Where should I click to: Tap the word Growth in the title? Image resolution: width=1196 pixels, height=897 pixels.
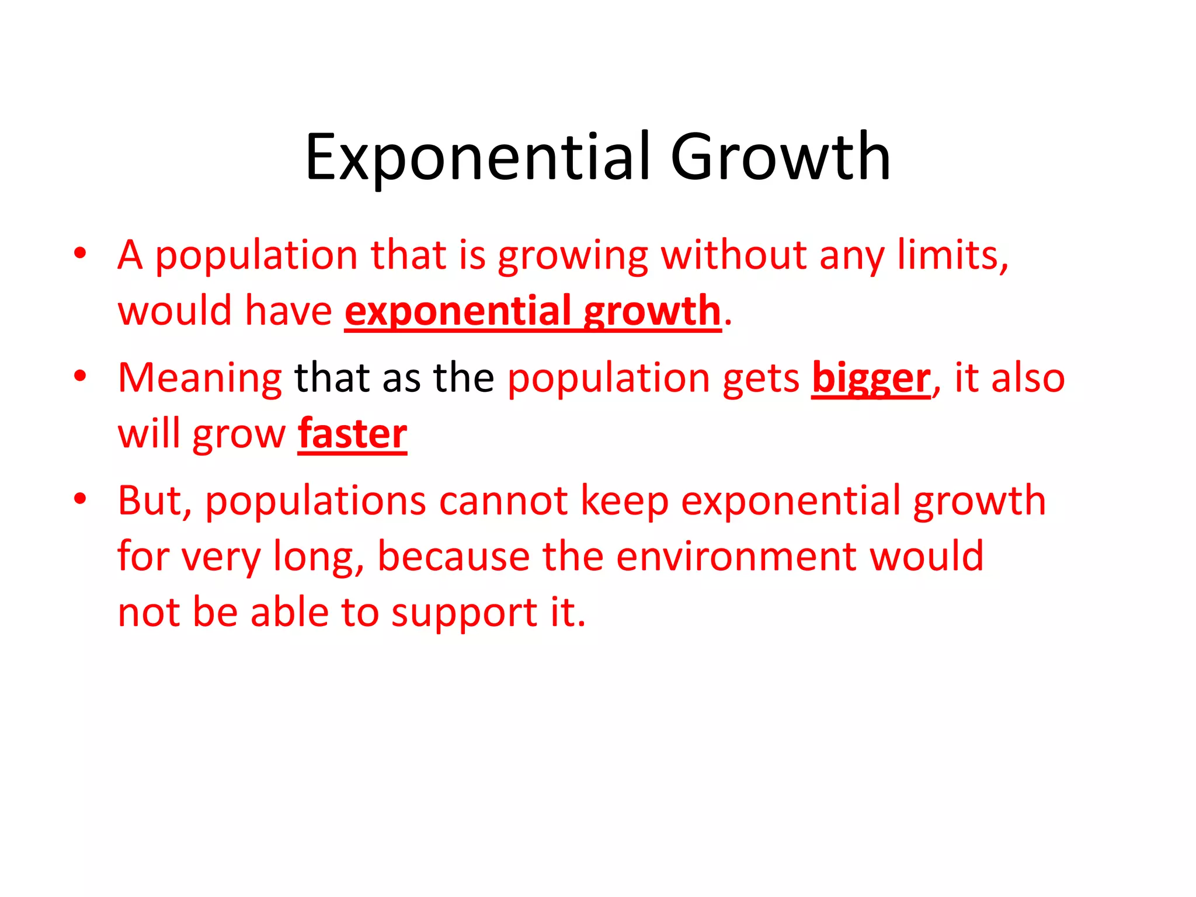point(780,156)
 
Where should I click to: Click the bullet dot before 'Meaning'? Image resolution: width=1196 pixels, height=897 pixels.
point(80,376)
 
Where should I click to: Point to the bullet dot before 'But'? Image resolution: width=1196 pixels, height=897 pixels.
point(80,499)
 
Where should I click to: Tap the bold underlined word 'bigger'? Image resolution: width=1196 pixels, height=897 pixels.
point(871,378)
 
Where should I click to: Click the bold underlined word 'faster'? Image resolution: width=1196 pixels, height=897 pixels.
point(352,433)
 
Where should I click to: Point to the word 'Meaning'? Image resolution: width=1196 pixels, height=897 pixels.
point(200,378)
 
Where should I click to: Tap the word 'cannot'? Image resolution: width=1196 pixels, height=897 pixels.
point(503,501)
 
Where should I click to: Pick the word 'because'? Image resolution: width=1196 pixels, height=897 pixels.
point(453,556)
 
